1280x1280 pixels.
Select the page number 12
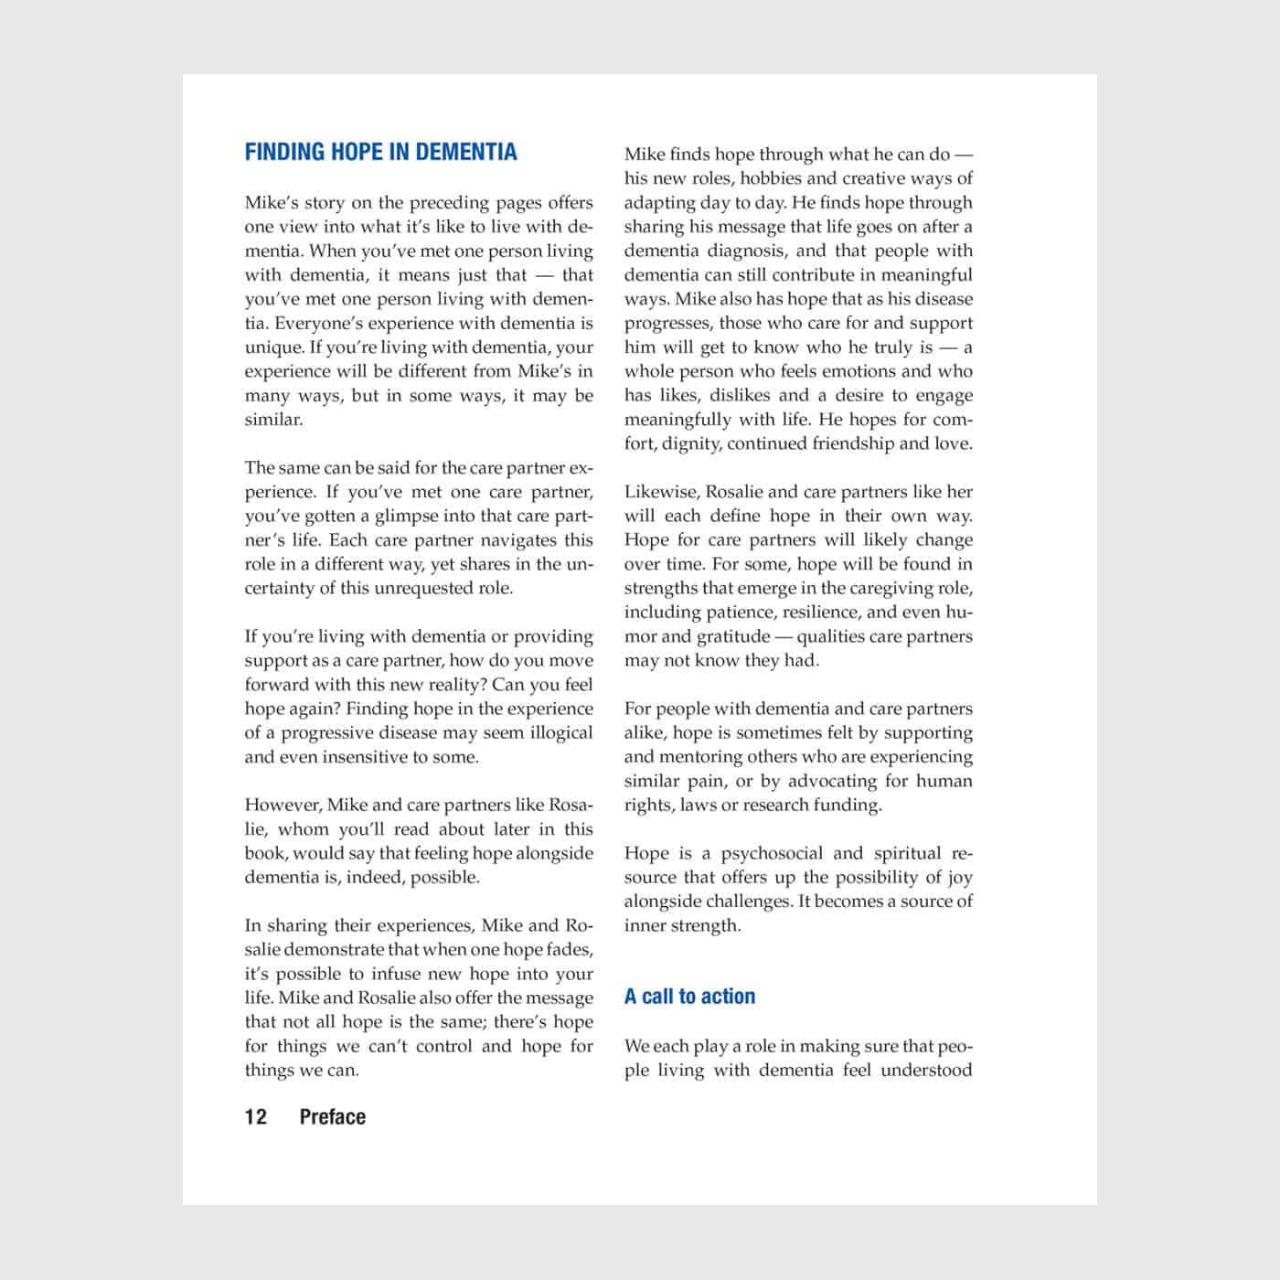tap(256, 1116)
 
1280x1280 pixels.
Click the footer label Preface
tap(333, 1116)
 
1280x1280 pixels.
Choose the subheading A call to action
tap(689, 997)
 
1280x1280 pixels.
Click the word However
tap(282, 805)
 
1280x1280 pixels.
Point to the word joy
tap(959, 877)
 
